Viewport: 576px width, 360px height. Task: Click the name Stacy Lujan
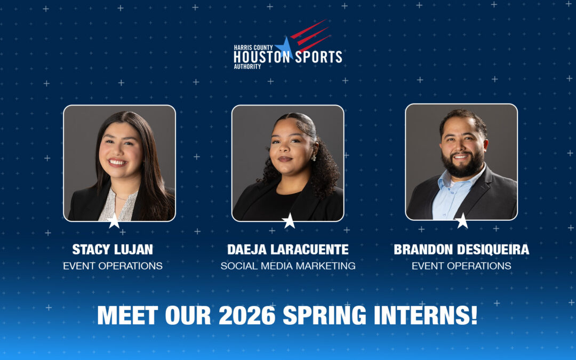[x=113, y=250]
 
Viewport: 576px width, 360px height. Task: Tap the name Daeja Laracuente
[x=288, y=250]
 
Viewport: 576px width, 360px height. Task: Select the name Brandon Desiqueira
[x=461, y=250]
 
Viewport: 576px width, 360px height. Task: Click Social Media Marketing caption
[x=288, y=266]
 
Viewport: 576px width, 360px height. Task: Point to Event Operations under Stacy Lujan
[x=113, y=266]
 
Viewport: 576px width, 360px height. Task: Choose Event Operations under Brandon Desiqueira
[x=461, y=266]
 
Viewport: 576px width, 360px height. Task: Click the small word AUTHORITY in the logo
[x=247, y=67]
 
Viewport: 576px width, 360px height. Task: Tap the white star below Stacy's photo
[x=114, y=221]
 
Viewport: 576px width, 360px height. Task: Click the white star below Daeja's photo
[x=289, y=221]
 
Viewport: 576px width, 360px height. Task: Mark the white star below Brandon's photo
[x=461, y=221]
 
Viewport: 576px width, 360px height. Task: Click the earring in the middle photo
[x=313, y=157]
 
